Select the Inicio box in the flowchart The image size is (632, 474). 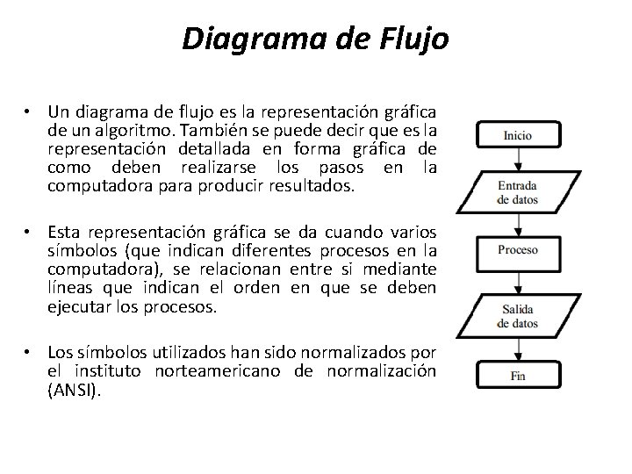[518, 136]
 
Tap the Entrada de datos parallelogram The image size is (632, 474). [518, 192]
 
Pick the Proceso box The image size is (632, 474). [518, 252]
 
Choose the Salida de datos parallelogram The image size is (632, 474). [518, 316]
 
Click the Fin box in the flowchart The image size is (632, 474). [518, 376]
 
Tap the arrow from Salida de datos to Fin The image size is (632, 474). [518, 346]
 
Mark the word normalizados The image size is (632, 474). [359, 353]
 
